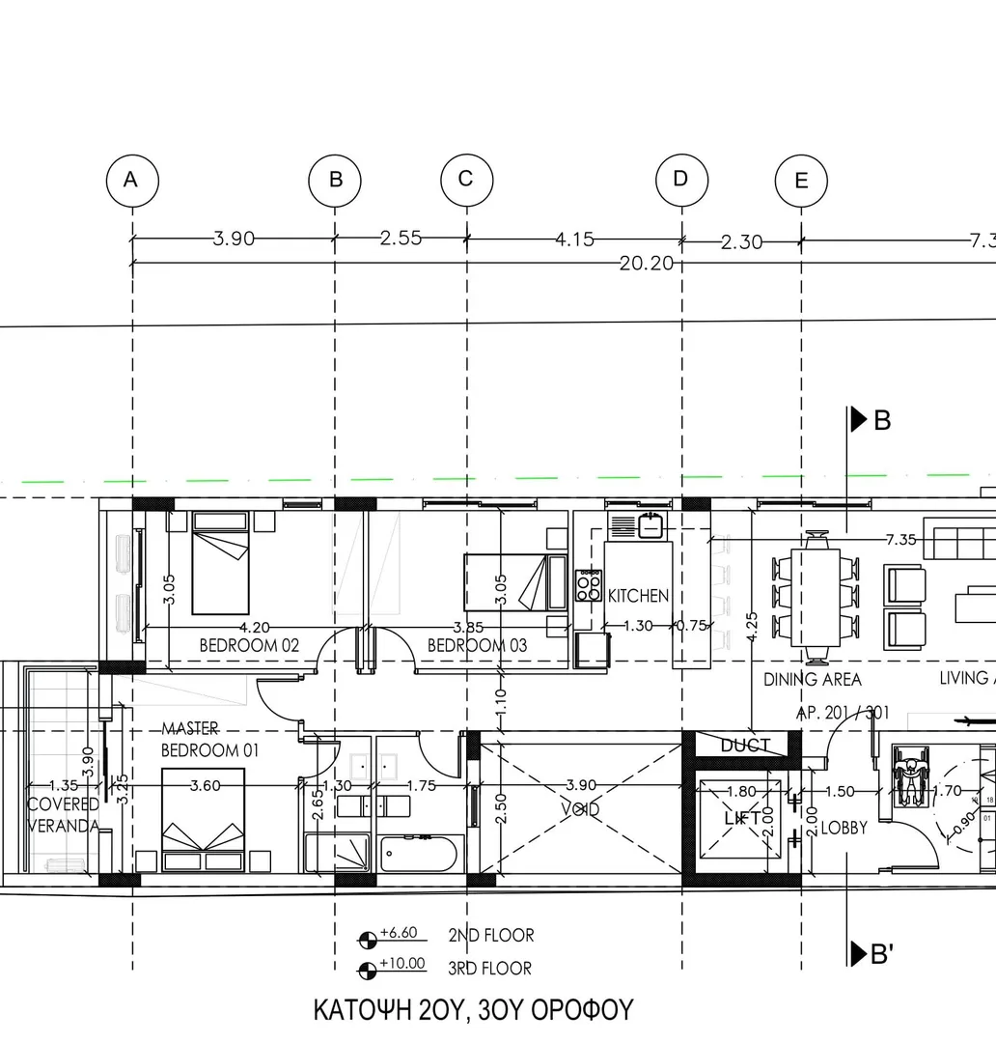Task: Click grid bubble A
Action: point(132,180)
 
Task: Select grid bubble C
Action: point(466,180)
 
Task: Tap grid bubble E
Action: point(801,181)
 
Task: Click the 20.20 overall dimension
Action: point(646,263)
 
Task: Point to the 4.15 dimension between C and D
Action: point(574,240)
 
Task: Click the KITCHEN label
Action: point(638,596)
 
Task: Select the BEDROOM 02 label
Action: point(249,645)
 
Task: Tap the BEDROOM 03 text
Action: point(477,645)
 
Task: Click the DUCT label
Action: point(745,745)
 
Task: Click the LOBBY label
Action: point(844,828)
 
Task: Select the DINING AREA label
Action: point(812,680)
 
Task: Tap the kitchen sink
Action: point(650,527)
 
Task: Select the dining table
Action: point(816,597)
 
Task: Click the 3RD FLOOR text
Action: point(489,968)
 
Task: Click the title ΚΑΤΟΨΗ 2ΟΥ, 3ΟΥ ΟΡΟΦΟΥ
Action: point(473,1010)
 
